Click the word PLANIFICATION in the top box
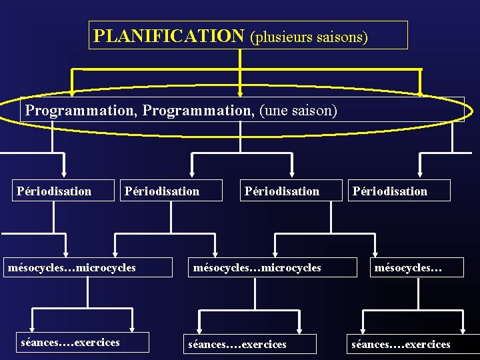(169, 35)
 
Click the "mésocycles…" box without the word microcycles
(408, 268)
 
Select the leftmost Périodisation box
(54, 191)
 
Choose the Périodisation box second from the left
(162, 191)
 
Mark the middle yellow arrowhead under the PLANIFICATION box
(240, 93)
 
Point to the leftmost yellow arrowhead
(71, 93)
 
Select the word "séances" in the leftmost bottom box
(41, 343)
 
